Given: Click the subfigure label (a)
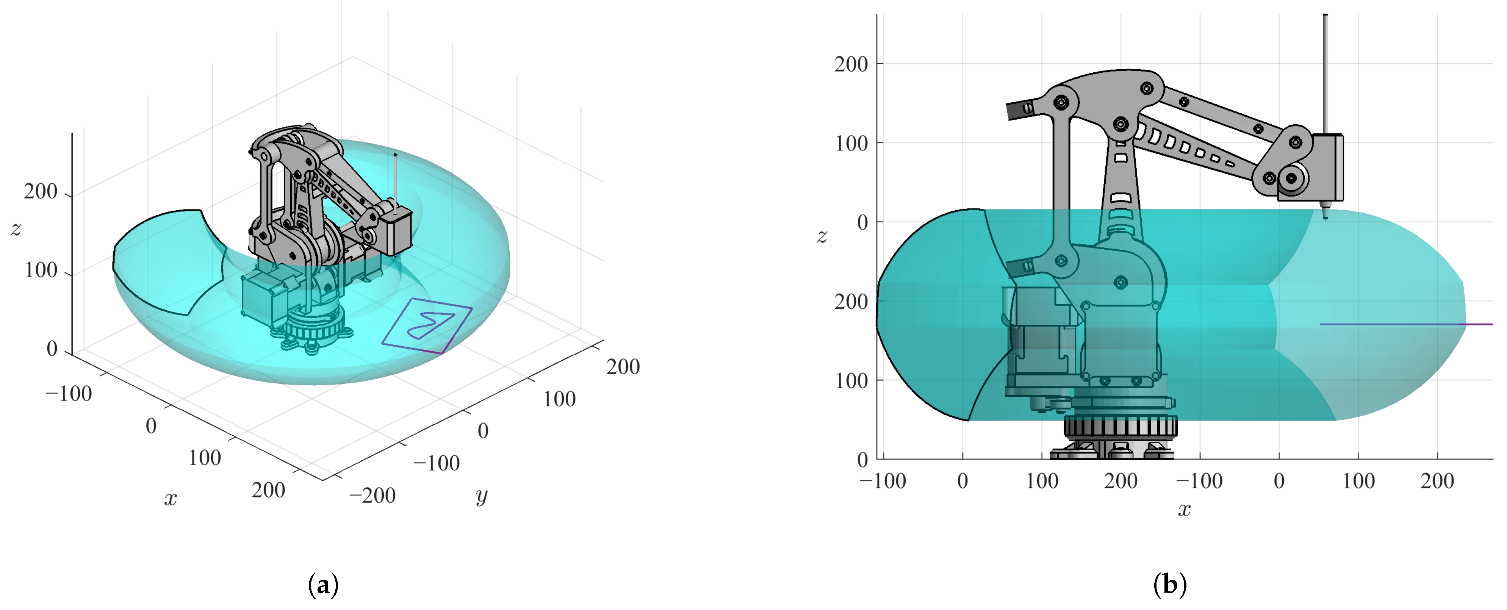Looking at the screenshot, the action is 323,585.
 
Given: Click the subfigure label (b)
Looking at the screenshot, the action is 1170,585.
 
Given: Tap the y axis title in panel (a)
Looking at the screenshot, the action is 482,496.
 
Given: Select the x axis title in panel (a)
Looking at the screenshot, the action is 170,498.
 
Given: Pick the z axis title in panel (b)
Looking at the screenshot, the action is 822,236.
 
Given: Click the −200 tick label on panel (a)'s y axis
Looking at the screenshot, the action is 372,495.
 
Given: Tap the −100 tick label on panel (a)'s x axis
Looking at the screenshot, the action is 69,394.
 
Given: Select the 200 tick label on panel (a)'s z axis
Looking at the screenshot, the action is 41,191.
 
